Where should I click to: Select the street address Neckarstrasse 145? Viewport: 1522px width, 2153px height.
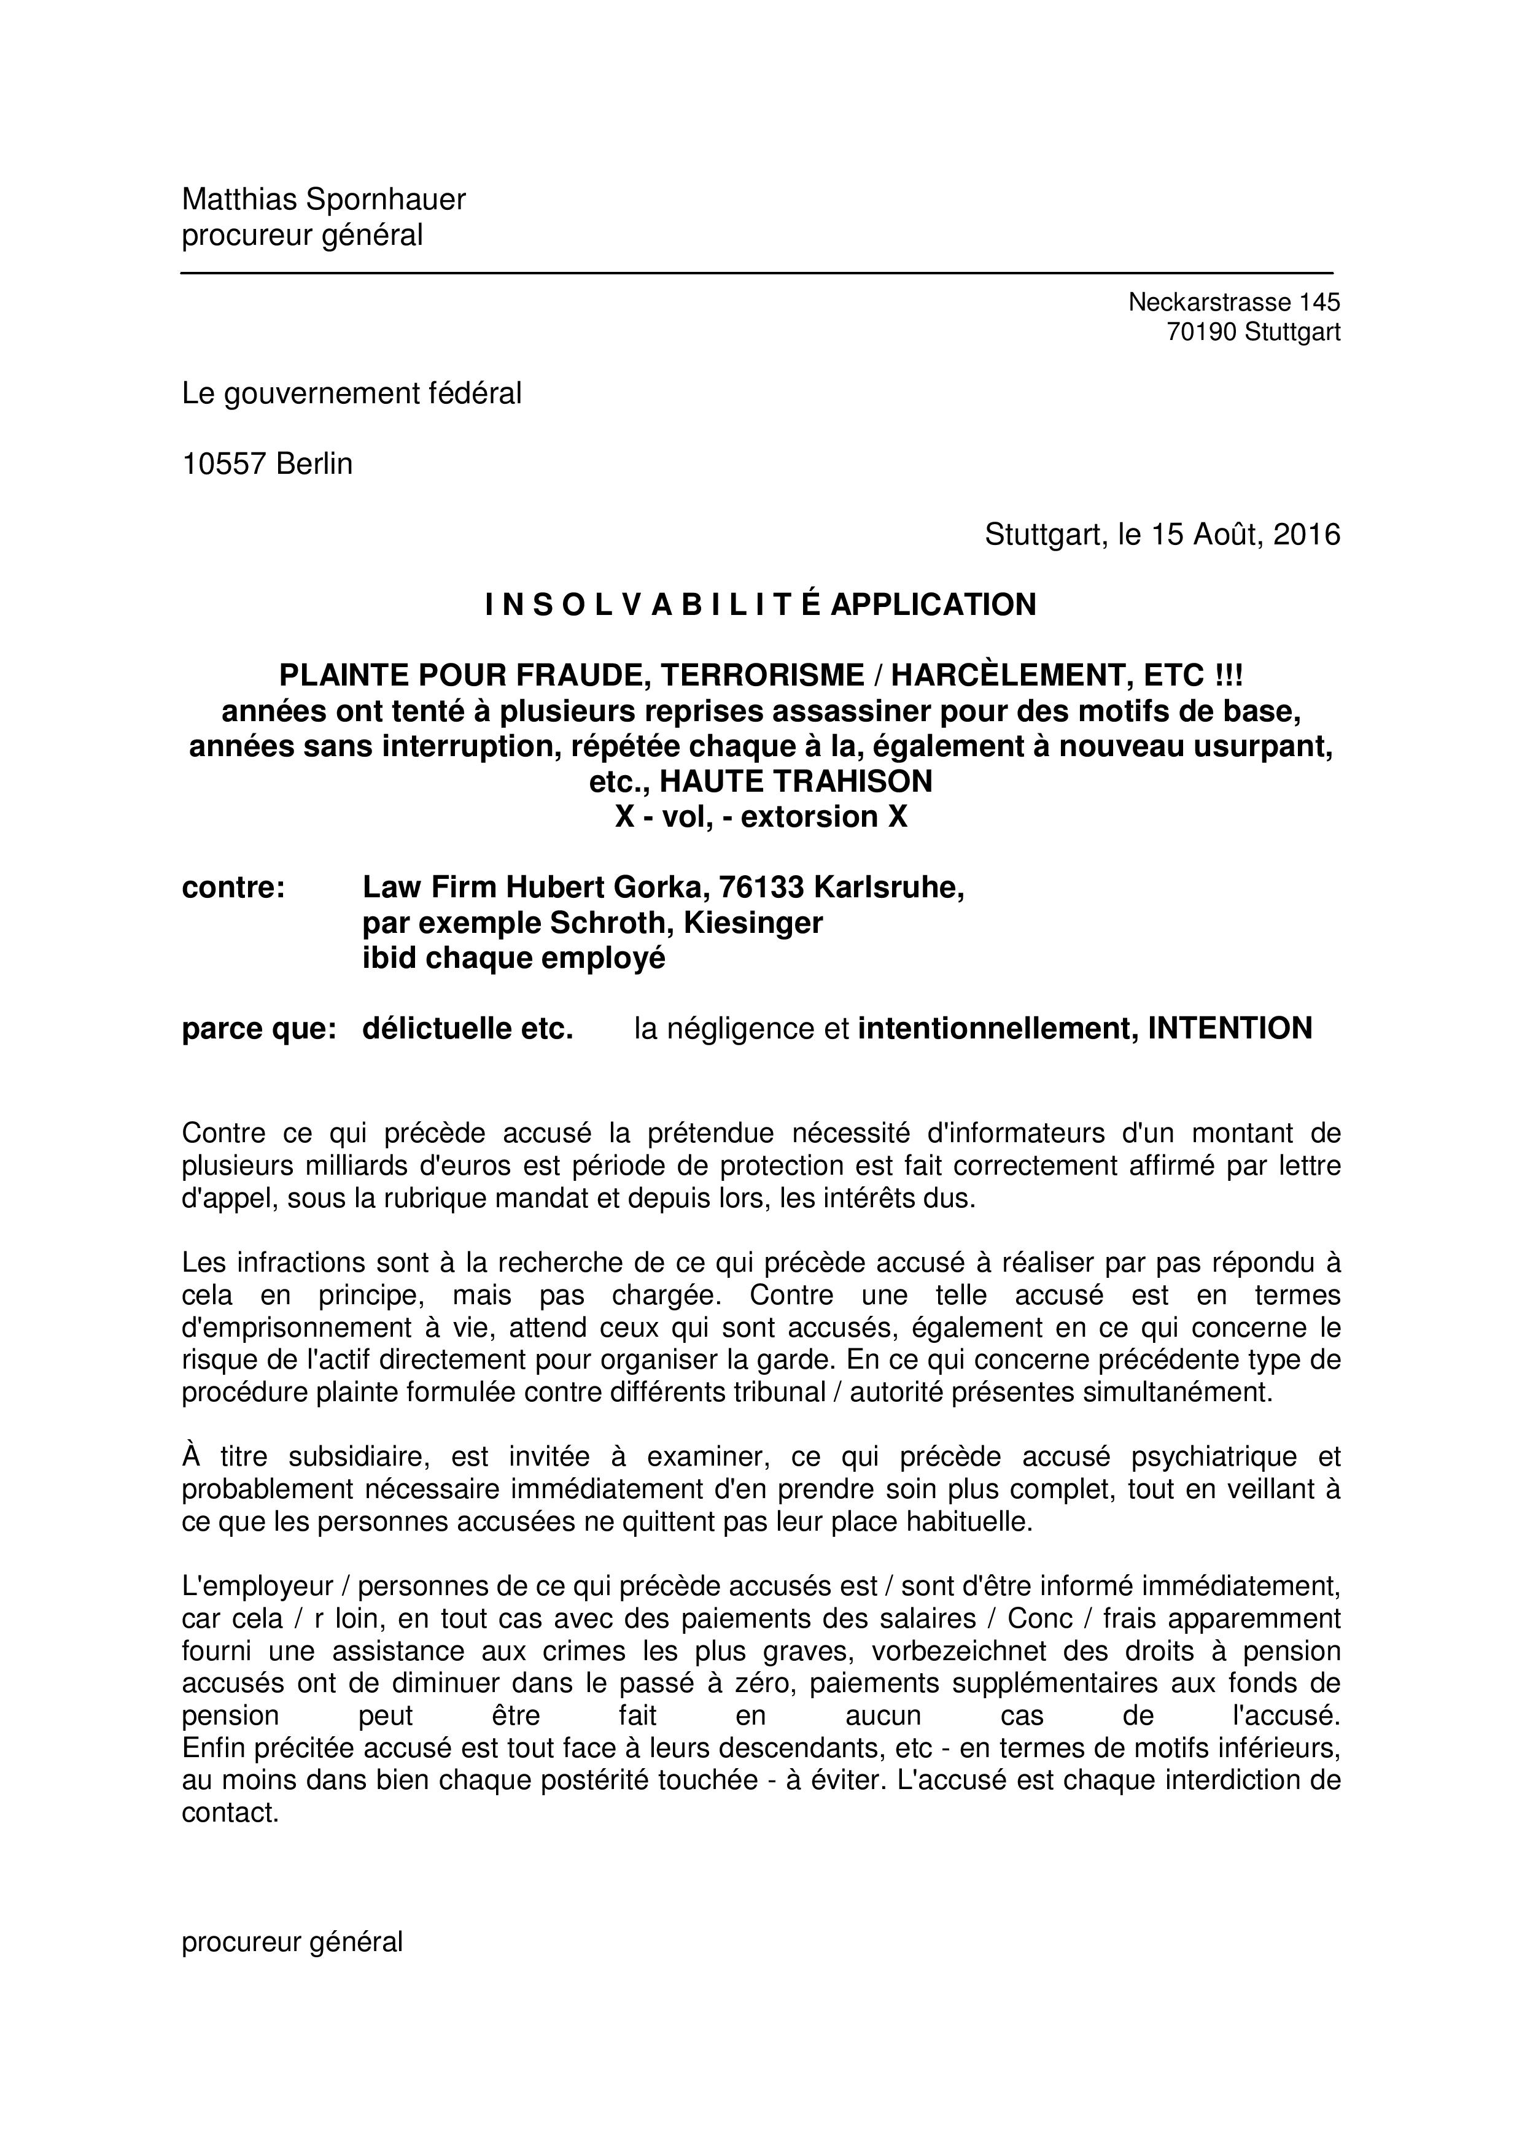(1234, 302)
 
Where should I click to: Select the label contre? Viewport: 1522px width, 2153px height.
(233, 887)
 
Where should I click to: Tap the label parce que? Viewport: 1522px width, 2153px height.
(259, 1029)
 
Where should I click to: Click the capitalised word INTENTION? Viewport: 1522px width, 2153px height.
(1229, 1029)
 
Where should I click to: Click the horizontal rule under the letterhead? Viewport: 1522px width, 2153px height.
(756, 273)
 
